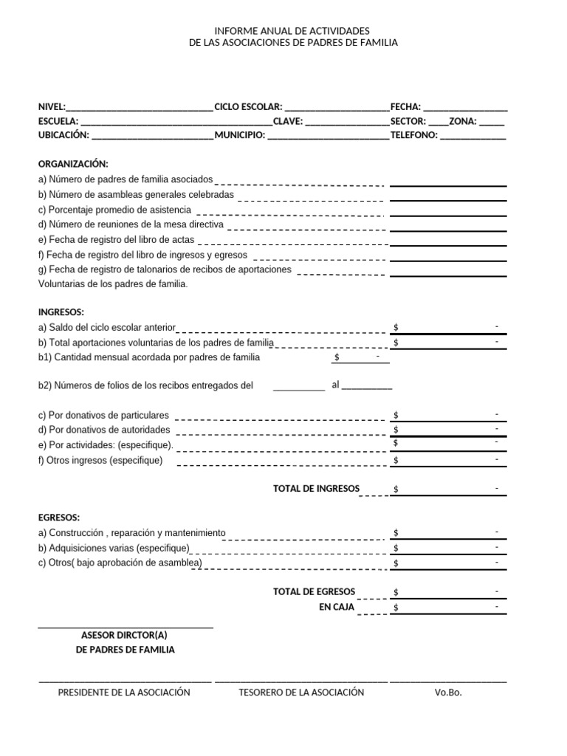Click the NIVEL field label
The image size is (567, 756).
[x=52, y=107]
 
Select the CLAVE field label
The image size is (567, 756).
[x=287, y=121]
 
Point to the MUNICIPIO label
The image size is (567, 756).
[x=239, y=135]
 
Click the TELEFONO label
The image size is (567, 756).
[x=414, y=135]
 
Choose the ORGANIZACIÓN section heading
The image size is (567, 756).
[x=73, y=164]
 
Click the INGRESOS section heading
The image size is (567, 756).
[x=61, y=312]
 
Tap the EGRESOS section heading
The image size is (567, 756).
[x=59, y=518]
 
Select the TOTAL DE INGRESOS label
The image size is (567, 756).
[x=316, y=489]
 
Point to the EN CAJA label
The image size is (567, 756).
[x=337, y=607]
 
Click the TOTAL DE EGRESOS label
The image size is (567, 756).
[x=314, y=591]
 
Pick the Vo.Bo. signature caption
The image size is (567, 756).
[x=448, y=693]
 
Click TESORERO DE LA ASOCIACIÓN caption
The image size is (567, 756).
[x=301, y=693]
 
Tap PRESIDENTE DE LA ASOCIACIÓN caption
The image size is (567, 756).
[x=124, y=693]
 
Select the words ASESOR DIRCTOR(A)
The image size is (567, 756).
[x=125, y=635]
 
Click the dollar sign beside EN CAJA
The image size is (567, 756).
[x=396, y=608]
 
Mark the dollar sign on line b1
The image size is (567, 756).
[x=337, y=357]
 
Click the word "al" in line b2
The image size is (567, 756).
[x=336, y=385]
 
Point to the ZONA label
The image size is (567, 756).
[x=463, y=121]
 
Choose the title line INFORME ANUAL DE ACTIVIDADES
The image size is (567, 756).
[x=293, y=31]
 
